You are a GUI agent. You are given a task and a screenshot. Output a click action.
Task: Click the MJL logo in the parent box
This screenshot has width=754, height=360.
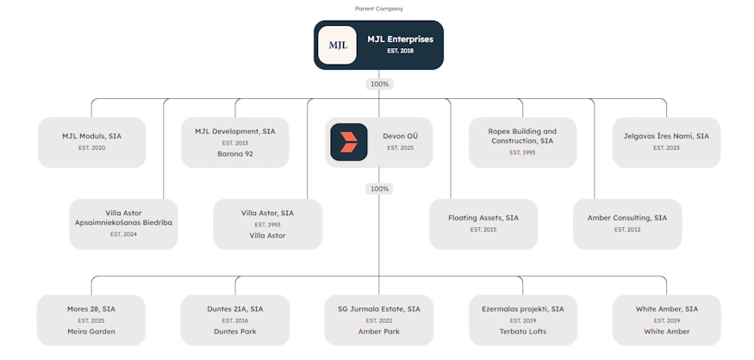[337, 45]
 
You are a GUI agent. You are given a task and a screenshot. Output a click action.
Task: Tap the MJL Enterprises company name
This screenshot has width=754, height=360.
[400, 40]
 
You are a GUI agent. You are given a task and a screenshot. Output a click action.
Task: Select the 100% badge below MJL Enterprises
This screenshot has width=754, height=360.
[379, 84]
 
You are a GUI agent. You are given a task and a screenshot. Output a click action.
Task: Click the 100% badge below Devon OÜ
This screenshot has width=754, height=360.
[379, 189]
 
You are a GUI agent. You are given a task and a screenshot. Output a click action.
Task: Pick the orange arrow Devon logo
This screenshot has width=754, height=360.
[349, 142]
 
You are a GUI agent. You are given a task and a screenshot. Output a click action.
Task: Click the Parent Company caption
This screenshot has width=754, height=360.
[379, 9]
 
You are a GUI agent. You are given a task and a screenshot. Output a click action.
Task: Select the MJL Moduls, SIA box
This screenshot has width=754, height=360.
[92, 142]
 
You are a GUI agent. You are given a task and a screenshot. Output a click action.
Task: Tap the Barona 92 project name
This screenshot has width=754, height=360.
[235, 154]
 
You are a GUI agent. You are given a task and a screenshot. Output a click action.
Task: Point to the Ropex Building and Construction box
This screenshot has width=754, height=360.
[523, 142]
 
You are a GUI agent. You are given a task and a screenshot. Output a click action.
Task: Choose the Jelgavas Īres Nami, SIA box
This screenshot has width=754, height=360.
[666, 142]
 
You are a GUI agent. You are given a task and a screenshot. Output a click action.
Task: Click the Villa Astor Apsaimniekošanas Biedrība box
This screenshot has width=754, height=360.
[123, 224]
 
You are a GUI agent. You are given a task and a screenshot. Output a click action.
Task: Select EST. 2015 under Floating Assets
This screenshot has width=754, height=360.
[483, 230]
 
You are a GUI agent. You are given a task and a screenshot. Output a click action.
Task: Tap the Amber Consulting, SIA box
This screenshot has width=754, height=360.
[627, 224]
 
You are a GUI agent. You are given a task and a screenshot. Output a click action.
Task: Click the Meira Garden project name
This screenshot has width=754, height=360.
[91, 332]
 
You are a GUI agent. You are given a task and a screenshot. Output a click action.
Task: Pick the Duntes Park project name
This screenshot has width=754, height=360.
[235, 332]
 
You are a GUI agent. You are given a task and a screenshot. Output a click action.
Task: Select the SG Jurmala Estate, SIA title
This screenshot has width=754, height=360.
[379, 309]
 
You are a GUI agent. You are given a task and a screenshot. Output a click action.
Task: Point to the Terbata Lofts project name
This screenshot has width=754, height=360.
[523, 332]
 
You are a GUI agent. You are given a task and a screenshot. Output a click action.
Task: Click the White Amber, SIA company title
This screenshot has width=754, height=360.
[666, 309]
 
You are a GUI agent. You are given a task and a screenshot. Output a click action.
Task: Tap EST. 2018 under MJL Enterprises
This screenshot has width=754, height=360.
[400, 51]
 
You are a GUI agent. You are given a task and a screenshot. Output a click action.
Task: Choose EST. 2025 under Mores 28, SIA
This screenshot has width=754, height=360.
[91, 320]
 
